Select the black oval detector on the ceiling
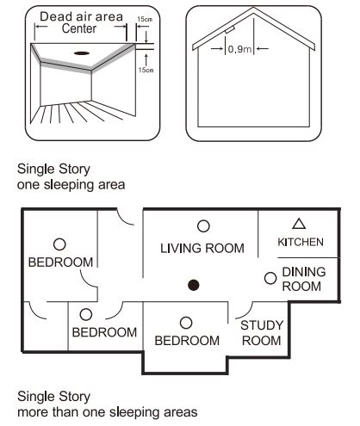point(84,53)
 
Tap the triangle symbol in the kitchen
point(300,225)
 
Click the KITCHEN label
point(301,243)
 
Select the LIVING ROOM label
point(202,248)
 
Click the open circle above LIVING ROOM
point(203,225)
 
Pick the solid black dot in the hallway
point(194,285)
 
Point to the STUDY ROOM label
point(257,332)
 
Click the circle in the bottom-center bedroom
point(185,322)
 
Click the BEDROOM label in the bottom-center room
point(187,341)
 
